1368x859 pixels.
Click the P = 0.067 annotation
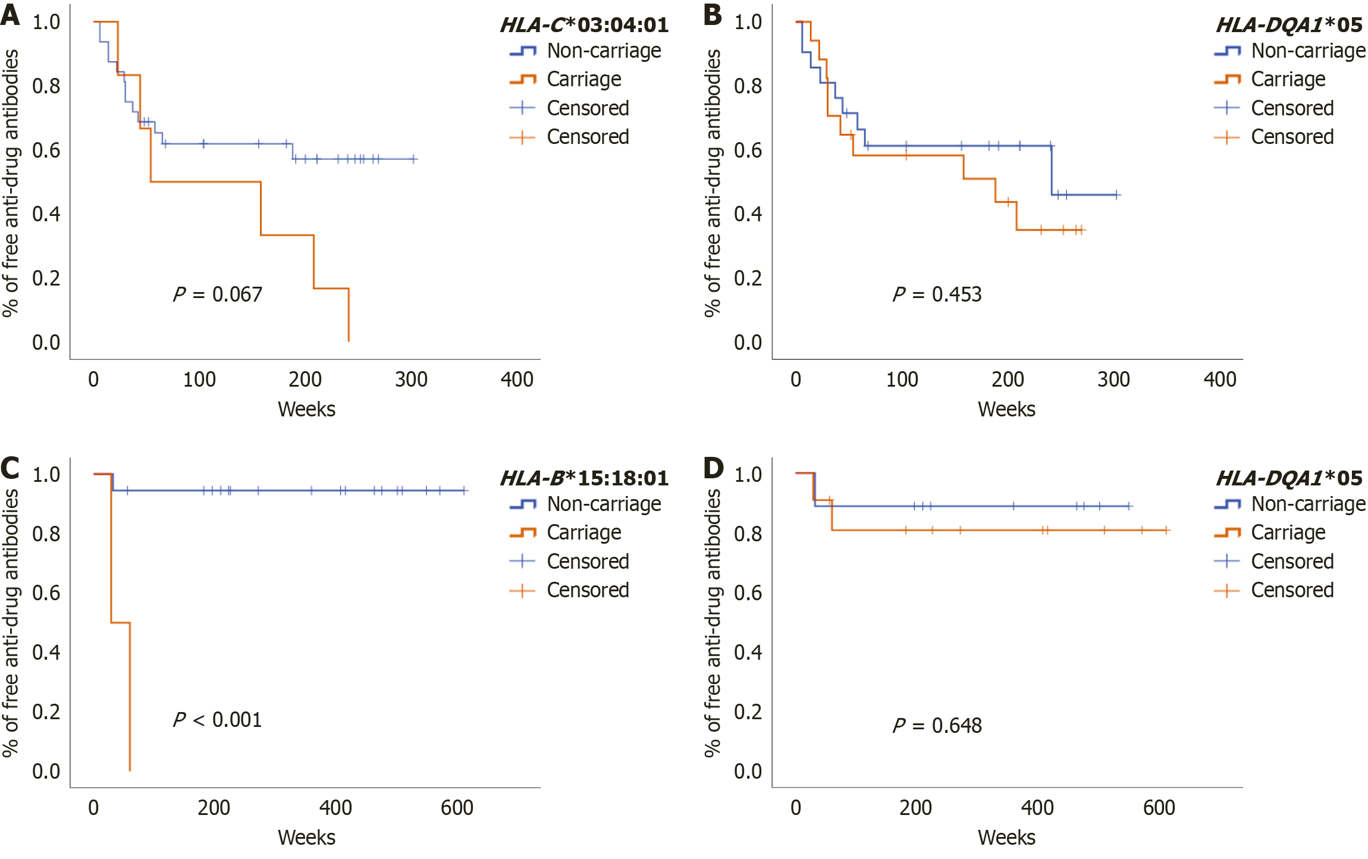pos(217,294)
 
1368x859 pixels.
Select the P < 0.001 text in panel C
pos(217,720)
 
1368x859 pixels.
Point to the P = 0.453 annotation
pos(937,294)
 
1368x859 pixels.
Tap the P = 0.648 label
pos(937,726)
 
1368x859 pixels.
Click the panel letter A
pos(10,15)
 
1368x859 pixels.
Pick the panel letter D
pos(713,468)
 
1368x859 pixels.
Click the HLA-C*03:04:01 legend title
pos(584,25)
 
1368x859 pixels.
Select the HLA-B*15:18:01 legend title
pos(584,478)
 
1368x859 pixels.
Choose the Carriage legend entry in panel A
pos(583,79)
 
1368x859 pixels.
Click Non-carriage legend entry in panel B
pos(1308,51)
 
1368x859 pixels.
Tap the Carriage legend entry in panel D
pos(1288,532)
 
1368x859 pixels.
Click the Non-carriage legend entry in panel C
pos(604,504)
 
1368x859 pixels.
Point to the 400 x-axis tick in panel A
pos(517,380)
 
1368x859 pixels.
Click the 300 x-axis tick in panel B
pos(1113,380)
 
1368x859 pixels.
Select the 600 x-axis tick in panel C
pos(457,808)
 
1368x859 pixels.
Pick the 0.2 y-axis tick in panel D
pos(748,712)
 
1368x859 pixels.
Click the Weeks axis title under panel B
pos(1006,409)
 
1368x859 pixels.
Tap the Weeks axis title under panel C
pos(306,838)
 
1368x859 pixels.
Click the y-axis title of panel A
pos(11,183)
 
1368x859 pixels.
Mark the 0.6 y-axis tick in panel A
pos(46,151)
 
